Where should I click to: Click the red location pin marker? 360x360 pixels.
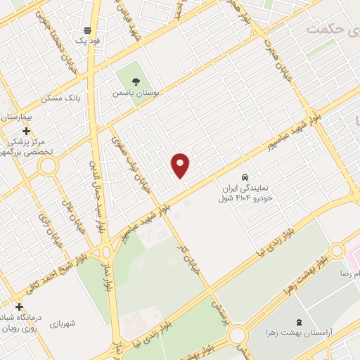click(x=181, y=165)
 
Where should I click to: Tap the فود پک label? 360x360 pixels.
click(x=89, y=41)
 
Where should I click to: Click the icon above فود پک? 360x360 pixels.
click(x=87, y=30)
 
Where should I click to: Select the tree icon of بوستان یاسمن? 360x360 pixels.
click(x=136, y=81)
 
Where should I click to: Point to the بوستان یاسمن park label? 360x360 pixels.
click(x=136, y=92)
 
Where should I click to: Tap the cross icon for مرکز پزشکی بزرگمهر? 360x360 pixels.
click(x=26, y=131)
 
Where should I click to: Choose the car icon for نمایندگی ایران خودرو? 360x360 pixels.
click(x=245, y=178)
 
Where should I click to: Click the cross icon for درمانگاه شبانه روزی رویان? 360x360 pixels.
click(x=19, y=307)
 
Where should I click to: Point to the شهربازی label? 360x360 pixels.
click(x=61, y=323)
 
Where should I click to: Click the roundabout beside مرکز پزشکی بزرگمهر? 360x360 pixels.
click(x=48, y=167)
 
